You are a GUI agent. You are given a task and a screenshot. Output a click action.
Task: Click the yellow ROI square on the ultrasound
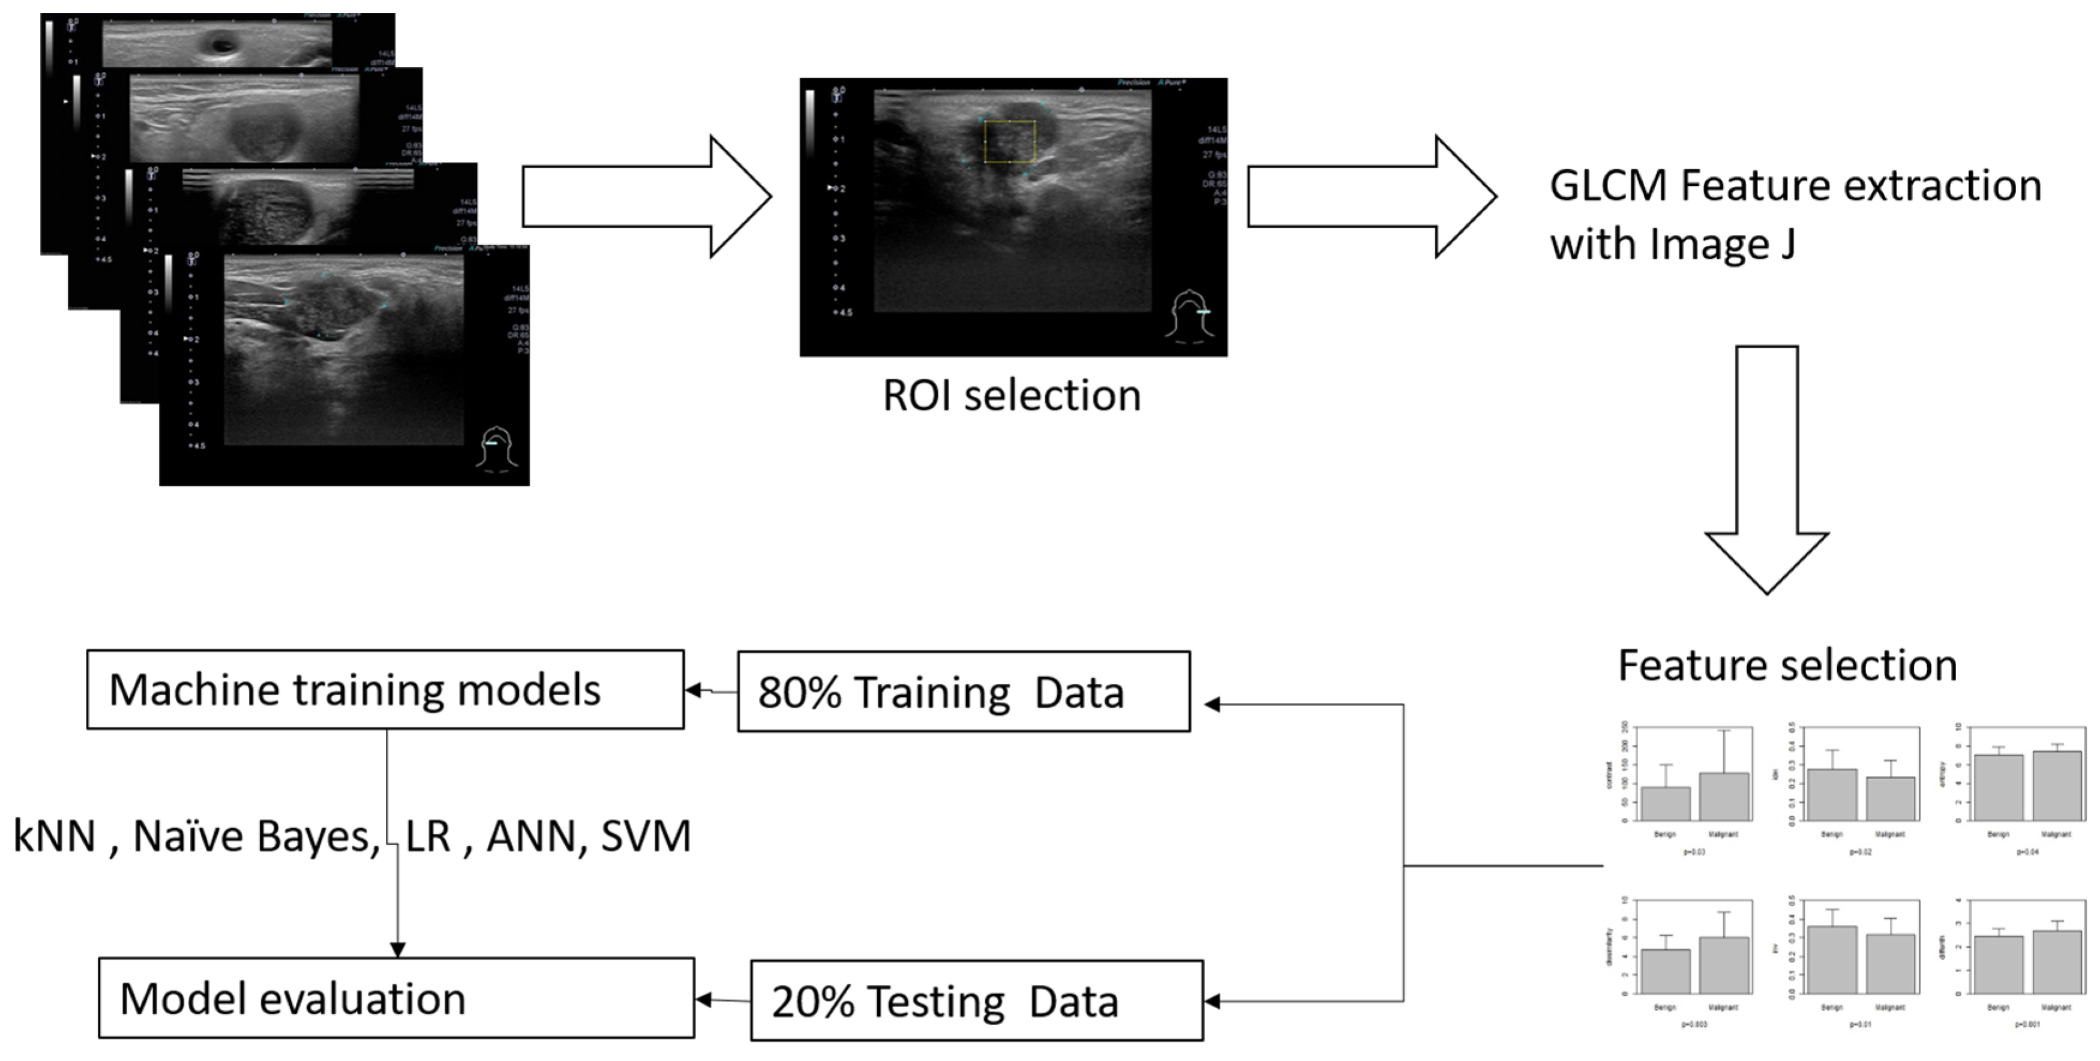[1009, 142]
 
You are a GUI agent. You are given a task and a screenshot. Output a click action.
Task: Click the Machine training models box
[385, 689]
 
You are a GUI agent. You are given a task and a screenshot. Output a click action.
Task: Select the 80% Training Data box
[964, 691]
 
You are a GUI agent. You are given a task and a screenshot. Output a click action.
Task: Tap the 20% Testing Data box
[977, 1000]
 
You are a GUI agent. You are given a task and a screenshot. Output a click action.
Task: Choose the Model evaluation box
[396, 997]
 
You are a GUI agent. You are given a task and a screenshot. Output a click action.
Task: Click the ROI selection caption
[1012, 396]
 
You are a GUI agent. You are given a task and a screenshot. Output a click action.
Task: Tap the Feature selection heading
[1787, 665]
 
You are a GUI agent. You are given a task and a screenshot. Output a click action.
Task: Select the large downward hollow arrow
[1766, 473]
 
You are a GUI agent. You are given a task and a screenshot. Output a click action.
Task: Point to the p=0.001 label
[2027, 1024]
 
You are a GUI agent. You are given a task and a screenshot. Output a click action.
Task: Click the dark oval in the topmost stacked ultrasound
[221, 43]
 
